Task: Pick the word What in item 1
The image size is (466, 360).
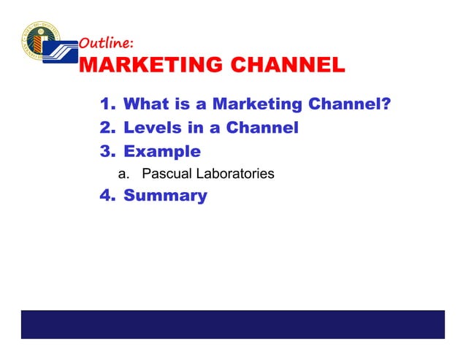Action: pyautogui.click(x=148, y=104)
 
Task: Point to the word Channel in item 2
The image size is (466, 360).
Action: pyautogui.click(x=262, y=128)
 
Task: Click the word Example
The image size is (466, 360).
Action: pyautogui.click(x=162, y=152)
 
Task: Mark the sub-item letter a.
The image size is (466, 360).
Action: pyautogui.click(x=123, y=174)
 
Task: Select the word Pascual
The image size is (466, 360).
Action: pyautogui.click(x=165, y=174)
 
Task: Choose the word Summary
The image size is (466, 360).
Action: pyautogui.click(x=165, y=196)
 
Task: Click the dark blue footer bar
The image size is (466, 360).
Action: pyautogui.click(x=232, y=324)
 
